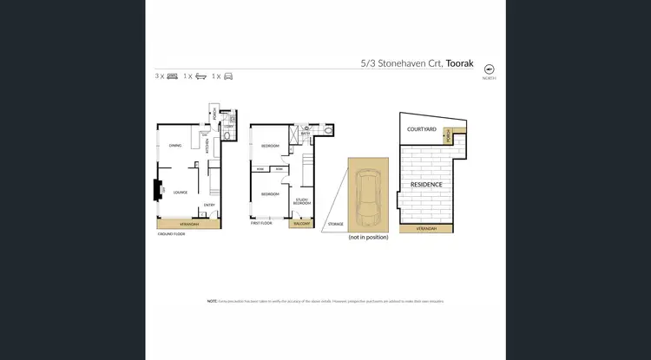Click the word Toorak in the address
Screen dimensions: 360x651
tap(460, 63)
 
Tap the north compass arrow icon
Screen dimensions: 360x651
tap(489, 69)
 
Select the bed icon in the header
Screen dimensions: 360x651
tap(172, 76)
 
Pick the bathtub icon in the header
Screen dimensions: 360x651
tap(201, 76)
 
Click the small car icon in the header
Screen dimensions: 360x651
tap(228, 76)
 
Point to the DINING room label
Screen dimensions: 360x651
tap(175, 146)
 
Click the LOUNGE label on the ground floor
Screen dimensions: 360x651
tap(181, 192)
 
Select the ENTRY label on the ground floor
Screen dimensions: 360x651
tap(209, 205)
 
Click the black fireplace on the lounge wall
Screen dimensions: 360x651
tap(158, 189)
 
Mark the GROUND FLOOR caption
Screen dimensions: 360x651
tap(171, 234)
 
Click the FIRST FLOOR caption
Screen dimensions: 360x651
tap(261, 223)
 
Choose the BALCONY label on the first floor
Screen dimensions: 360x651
tap(301, 223)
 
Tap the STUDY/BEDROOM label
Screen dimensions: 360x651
tap(301, 203)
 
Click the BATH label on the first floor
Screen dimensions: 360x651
tap(306, 134)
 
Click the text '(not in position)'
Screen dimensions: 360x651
tap(367, 237)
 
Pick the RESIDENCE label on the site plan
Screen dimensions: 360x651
tap(426, 185)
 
